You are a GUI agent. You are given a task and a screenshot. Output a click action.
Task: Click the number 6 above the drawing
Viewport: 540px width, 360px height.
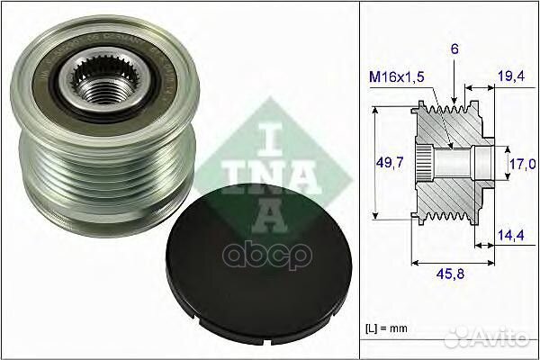(x=456, y=52)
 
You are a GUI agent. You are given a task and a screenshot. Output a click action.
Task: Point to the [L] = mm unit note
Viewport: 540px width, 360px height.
(x=393, y=322)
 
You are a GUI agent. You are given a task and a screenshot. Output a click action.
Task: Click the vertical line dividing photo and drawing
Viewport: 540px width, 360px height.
(x=359, y=180)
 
